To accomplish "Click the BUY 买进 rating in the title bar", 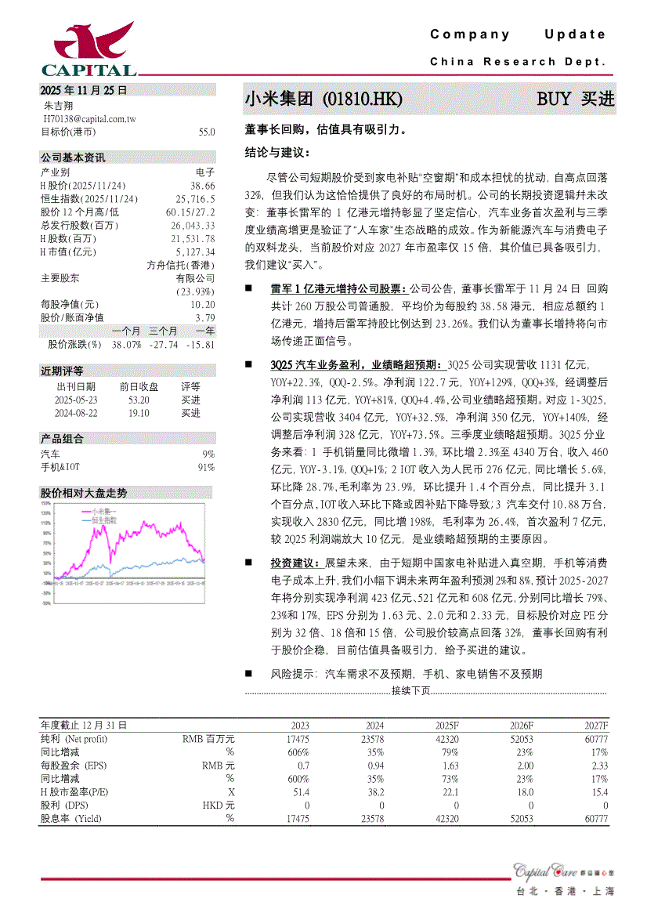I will point(575,100).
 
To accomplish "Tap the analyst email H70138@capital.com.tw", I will point(89,118).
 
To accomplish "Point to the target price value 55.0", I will point(207,132).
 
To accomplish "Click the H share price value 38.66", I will point(202,186).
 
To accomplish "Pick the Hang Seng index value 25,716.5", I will point(195,199).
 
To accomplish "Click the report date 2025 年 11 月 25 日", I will point(84,90).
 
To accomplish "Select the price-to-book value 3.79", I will point(204,317).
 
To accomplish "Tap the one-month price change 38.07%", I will point(127,344).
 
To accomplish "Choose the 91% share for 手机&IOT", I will point(206,467).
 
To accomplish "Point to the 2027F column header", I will point(596,726).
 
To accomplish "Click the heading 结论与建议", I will point(277,152).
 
